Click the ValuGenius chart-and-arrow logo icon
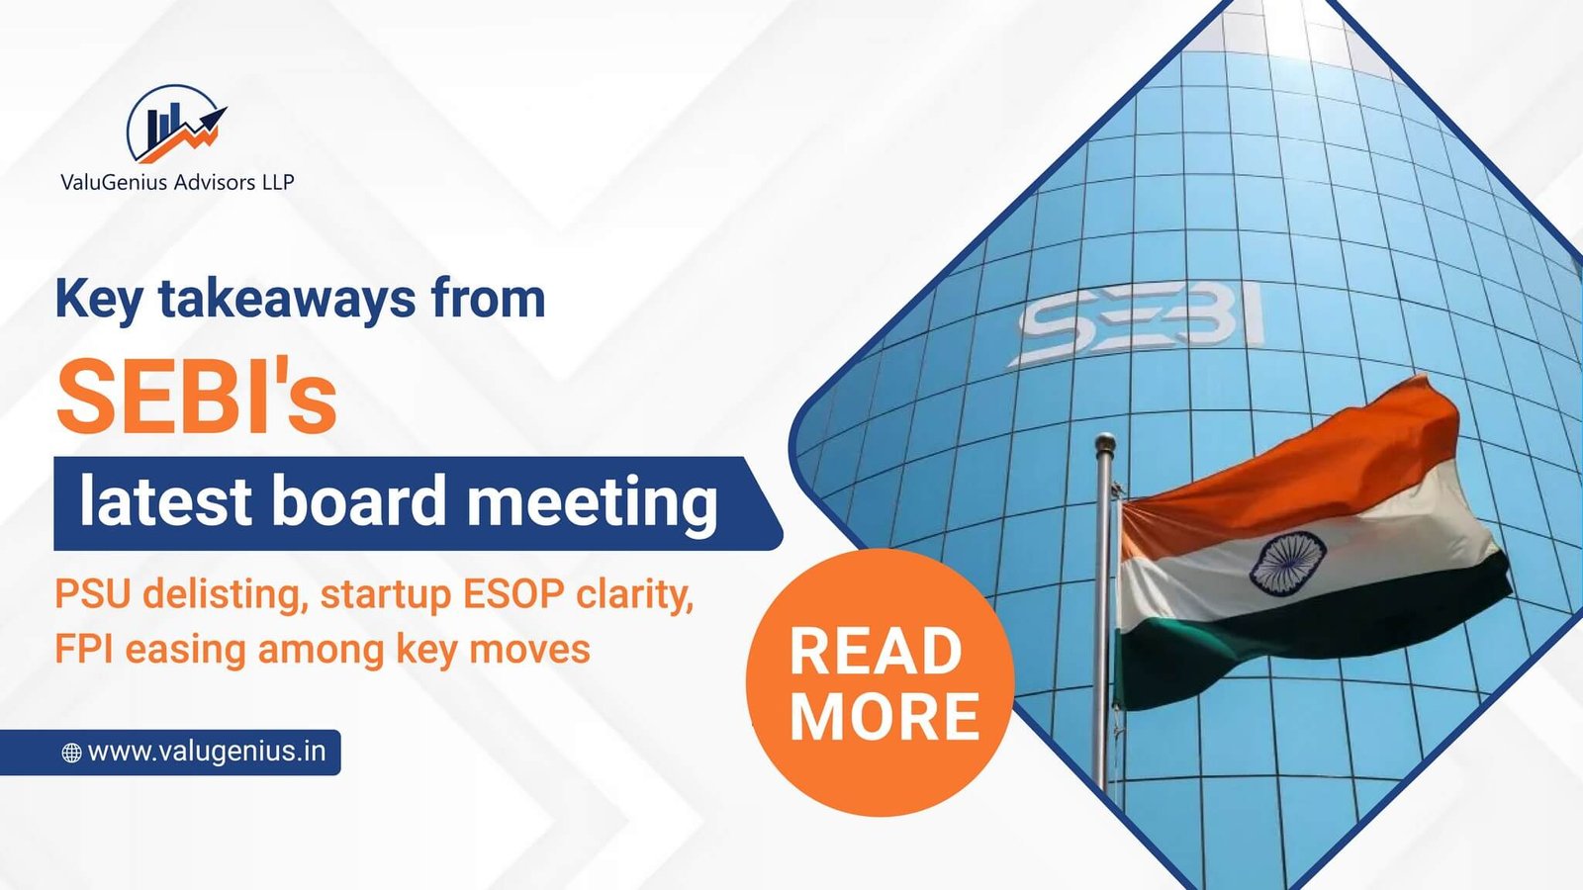click(176, 125)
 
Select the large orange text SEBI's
click(197, 397)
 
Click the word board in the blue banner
click(358, 500)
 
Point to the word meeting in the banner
click(593, 503)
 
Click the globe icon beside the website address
click(71, 753)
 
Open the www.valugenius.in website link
click(207, 752)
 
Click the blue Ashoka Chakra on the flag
click(1287, 563)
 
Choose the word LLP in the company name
click(278, 182)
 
